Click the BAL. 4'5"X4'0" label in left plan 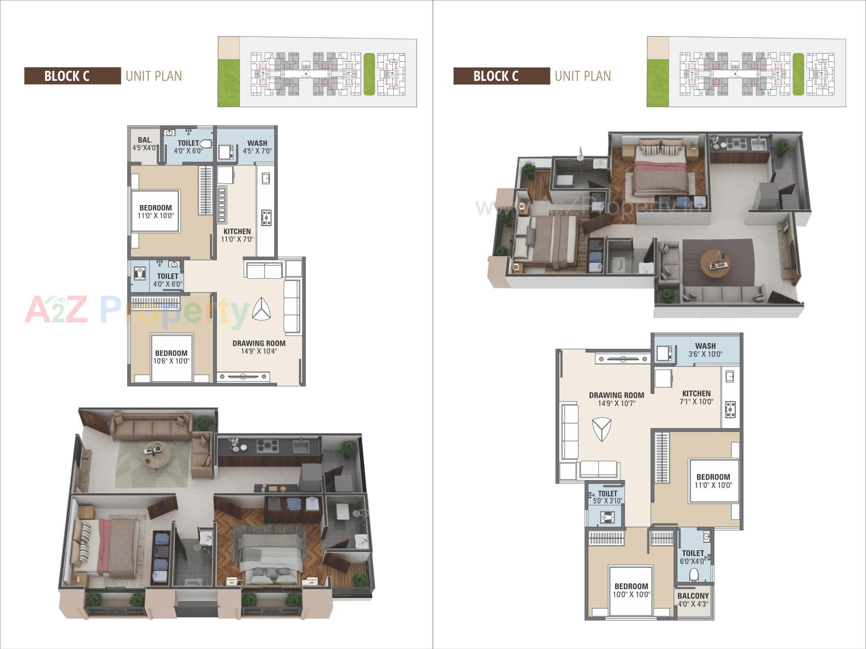pos(145,144)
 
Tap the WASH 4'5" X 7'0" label pos(257,147)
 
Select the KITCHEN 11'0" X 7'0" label pos(237,235)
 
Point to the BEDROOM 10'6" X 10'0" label pos(171,357)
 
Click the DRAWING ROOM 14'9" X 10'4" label pos(259,347)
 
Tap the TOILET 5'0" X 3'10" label pos(607,497)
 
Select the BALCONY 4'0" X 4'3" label pos(693,599)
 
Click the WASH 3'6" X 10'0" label pos(705,350)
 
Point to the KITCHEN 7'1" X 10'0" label pos(696,397)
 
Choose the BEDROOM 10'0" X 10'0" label pos(631,590)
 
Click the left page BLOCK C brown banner pos(72,76)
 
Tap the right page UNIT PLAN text pos(583,76)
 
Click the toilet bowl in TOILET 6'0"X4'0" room pos(694,575)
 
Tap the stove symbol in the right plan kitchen pos(730,409)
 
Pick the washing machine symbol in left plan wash pos(226,152)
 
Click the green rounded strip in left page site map pos(369,74)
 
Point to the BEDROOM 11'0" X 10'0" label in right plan pos(713,480)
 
